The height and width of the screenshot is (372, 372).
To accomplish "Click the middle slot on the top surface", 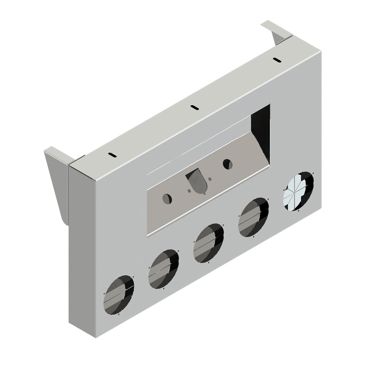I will [193, 108].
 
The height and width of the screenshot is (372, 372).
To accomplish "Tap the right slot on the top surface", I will [276, 60].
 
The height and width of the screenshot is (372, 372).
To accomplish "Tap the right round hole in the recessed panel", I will [227, 163].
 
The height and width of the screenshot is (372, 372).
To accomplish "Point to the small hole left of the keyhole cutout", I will [190, 191].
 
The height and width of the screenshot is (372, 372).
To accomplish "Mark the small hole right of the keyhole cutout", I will [211, 180].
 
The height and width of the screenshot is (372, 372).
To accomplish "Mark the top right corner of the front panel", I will [322, 51].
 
